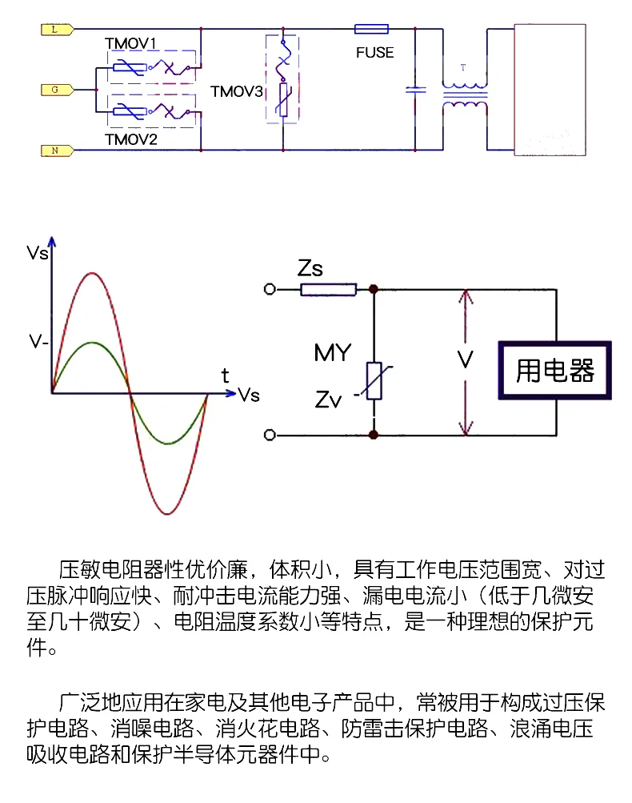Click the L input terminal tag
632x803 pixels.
tap(54, 30)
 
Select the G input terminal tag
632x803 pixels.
tap(54, 90)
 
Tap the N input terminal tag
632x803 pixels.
tap(54, 150)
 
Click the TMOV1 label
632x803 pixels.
tap(133, 42)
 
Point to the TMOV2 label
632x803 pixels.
tap(132, 139)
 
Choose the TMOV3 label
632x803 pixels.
tap(236, 91)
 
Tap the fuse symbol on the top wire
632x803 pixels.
tap(371, 30)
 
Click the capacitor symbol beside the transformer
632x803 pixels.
tap(415, 90)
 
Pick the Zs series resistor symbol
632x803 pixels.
tap(328, 289)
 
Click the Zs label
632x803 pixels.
tap(310, 268)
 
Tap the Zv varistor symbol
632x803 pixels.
tap(374, 381)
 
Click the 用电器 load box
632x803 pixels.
tap(555, 371)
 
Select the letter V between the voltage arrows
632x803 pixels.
tap(465, 360)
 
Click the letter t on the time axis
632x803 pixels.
tap(226, 375)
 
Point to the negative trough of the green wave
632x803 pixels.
tap(168, 443)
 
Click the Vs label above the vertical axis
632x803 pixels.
tap(38, 254)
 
